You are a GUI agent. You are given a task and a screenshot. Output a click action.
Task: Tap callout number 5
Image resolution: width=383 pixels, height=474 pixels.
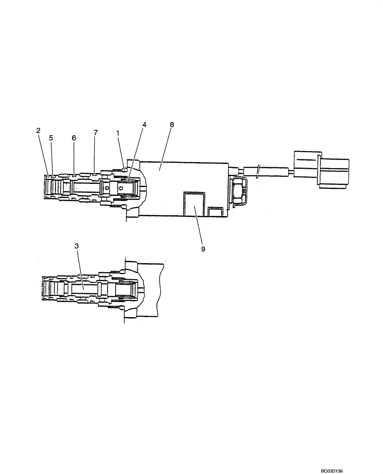51,137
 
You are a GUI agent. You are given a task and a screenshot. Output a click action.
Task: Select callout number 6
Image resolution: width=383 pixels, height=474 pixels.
73,137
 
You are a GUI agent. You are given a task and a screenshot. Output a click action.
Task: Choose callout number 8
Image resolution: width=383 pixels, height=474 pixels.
172,124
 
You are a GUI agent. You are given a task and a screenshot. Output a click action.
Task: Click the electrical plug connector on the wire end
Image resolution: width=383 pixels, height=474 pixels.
321,169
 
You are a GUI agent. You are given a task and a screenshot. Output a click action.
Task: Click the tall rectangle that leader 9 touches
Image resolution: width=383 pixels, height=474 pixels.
194,203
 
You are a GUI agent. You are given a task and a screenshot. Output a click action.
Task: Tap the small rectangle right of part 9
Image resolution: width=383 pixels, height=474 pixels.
216,211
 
